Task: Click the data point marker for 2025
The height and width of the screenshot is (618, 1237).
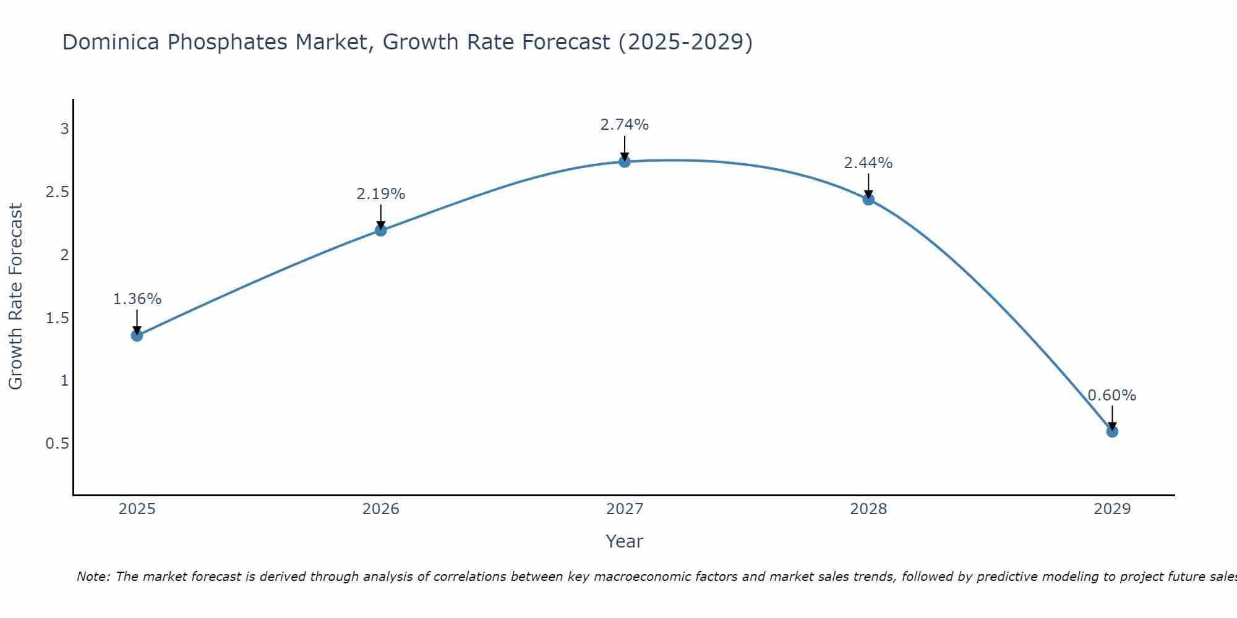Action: pos(137,336)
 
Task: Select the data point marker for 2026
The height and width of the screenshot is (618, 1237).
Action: pos(380,231)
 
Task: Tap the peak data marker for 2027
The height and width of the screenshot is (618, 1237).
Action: pos(624,162)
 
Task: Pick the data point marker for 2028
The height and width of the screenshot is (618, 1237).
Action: pos(868,199)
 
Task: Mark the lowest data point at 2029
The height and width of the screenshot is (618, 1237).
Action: pos(1111,431)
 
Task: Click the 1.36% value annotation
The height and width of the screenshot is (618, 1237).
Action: pos(137,299)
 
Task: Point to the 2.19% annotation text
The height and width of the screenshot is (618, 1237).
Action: pos(380,194)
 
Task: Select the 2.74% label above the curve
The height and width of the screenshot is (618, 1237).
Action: pos(624,125)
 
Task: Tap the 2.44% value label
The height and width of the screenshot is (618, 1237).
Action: pos(868,163)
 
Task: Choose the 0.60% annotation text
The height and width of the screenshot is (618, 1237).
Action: pos(1111,396)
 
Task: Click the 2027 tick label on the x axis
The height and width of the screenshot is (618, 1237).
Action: pos(624,509)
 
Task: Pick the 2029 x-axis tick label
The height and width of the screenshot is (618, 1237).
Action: pos(1111,509)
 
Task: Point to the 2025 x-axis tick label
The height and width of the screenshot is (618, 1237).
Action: pos(137,509)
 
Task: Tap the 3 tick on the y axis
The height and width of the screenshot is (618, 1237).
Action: pos(64,129)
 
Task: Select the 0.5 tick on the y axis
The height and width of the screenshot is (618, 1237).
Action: pos(57,444)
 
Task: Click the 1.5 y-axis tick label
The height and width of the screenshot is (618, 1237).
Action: pos(57,318)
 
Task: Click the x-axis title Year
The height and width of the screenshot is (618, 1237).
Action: pos(624,541)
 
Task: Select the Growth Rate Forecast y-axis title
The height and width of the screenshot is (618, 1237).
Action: pos(16,297)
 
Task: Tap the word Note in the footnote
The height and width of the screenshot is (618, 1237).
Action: pos(93,577)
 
